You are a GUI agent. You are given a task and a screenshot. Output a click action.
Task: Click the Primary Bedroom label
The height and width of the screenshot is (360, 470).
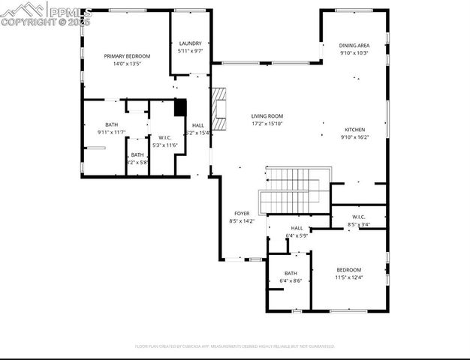(127, 56)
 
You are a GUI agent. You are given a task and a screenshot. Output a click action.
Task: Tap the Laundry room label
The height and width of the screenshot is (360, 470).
(189, 43)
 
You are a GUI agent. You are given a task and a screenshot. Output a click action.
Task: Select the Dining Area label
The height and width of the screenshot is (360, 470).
(354, 46)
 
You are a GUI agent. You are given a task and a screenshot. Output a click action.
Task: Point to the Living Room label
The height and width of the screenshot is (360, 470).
(267, 116)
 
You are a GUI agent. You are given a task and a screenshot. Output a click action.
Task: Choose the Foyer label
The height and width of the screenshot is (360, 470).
(242, 214)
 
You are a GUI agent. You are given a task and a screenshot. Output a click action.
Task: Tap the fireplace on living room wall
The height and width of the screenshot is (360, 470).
(218, 109)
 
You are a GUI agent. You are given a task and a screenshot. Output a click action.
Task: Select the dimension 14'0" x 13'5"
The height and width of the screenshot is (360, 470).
(127, 64)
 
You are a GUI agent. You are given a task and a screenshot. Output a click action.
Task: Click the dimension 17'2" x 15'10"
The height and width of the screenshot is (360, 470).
(267, 124)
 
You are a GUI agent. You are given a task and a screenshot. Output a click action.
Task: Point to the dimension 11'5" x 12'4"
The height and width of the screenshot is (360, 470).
(348, 278)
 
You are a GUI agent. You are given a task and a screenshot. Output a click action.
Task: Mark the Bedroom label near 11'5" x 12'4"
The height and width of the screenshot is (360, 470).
(348, 270)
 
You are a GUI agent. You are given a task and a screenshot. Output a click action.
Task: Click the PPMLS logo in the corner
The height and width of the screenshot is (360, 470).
(47, 13)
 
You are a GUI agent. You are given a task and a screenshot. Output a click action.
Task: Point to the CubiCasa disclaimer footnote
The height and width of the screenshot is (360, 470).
(234, 346)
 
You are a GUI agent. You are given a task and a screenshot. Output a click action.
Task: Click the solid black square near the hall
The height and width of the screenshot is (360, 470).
(179, 107)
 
